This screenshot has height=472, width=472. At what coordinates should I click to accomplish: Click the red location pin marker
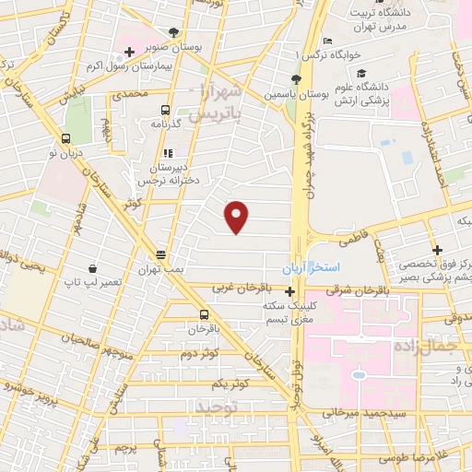coord(237,217)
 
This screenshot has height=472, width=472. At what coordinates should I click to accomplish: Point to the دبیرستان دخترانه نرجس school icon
coord(167,154)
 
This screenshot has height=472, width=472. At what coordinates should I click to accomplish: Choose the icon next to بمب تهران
coord(161,254)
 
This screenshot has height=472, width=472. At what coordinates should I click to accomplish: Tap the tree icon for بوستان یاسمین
coord(296,79)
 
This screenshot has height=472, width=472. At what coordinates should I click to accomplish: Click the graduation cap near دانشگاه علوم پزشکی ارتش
coord(361,73)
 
